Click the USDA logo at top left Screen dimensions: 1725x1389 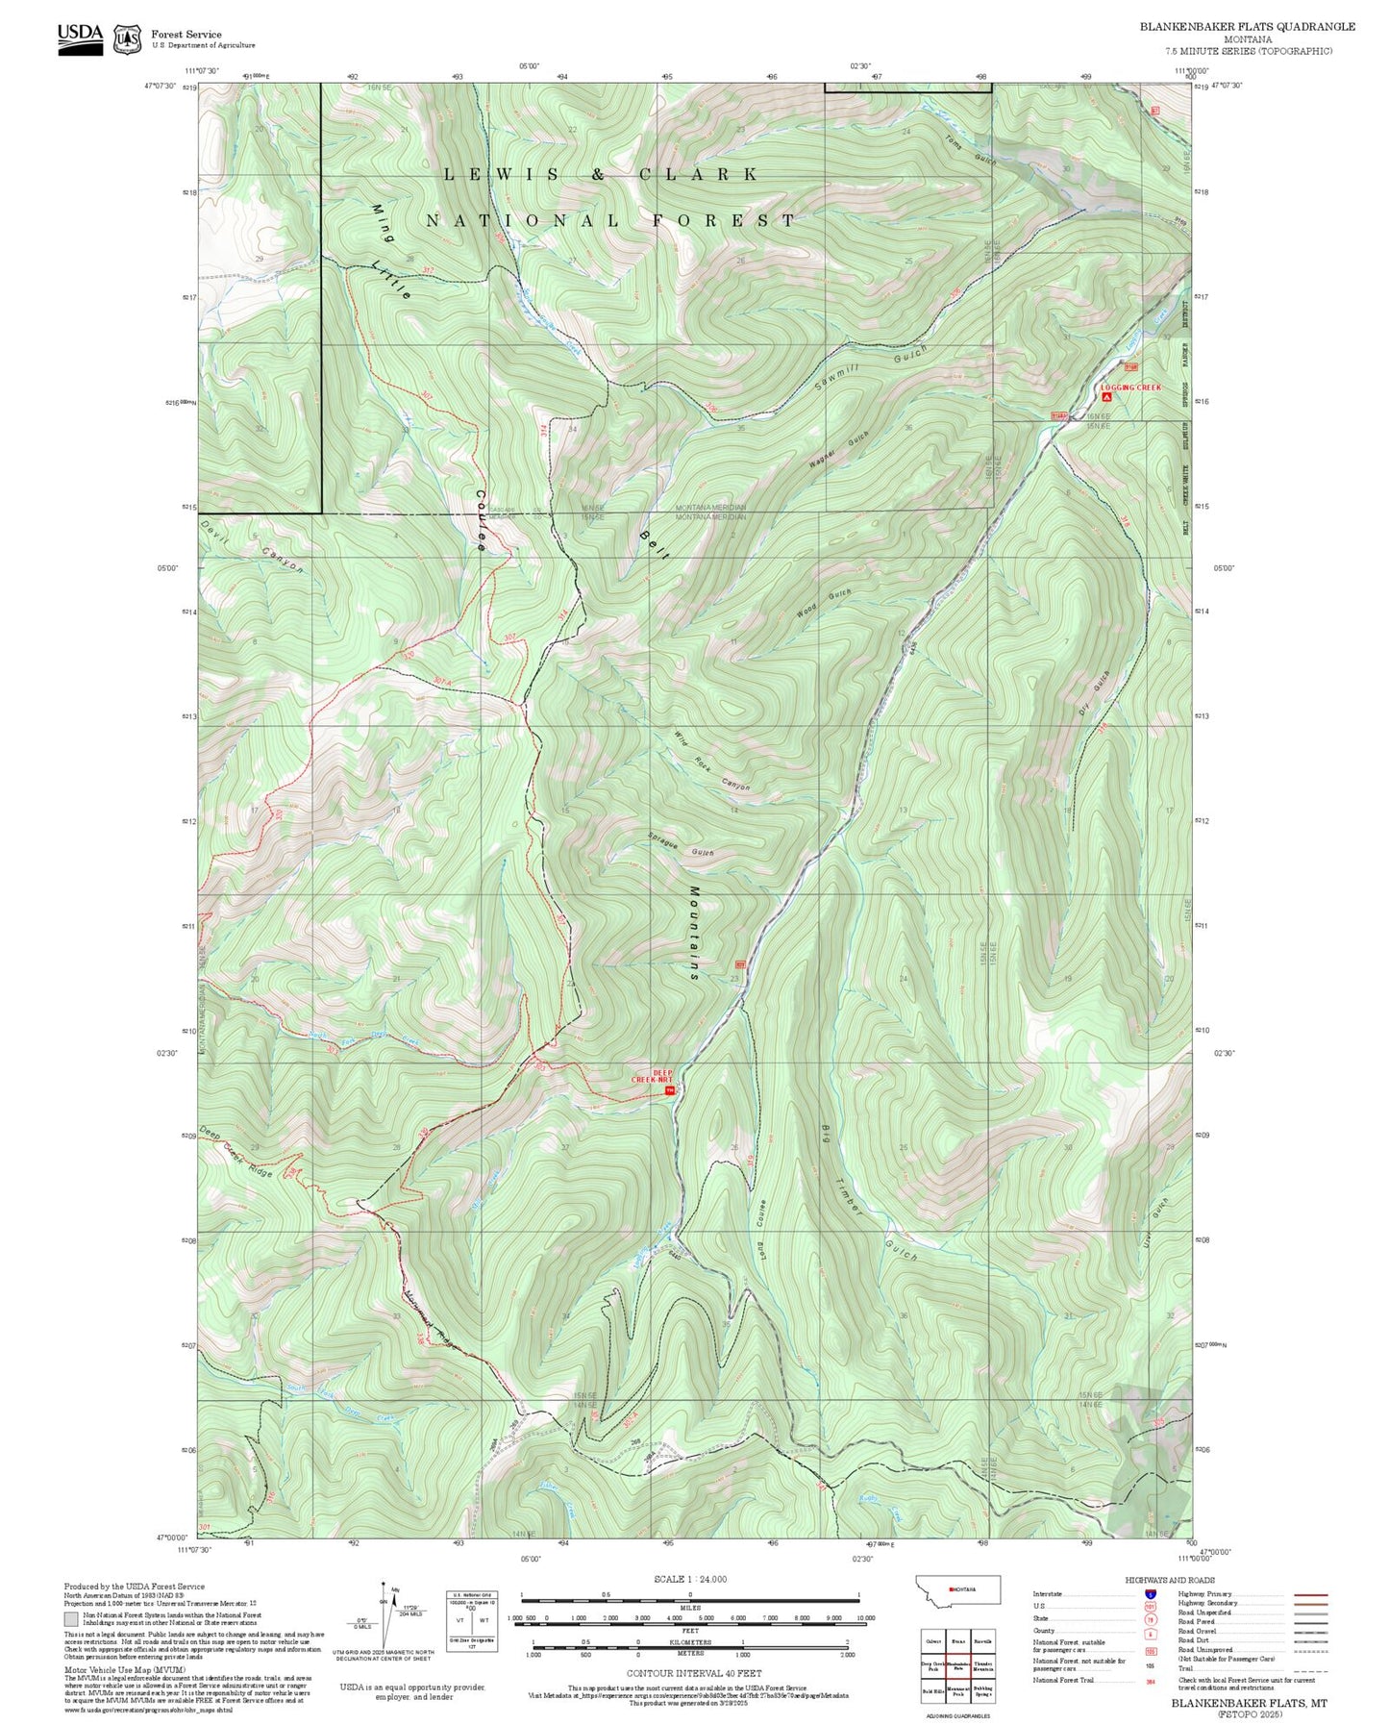(x=80, y=37)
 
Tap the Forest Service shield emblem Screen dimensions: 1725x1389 (x=127, y=39)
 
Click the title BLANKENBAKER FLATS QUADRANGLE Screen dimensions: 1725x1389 (x=1247, y=27)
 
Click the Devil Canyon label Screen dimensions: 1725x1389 (x=253, y=547)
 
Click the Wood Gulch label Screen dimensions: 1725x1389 (x=824, y=604)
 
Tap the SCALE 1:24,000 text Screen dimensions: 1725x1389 (x=689, y=1579)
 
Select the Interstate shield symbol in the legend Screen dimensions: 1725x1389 (x=1150, y=1594)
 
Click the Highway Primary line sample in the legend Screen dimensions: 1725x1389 (x=1310, y=1594)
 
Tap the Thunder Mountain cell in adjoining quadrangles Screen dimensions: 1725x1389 (x=982, y=1666)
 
